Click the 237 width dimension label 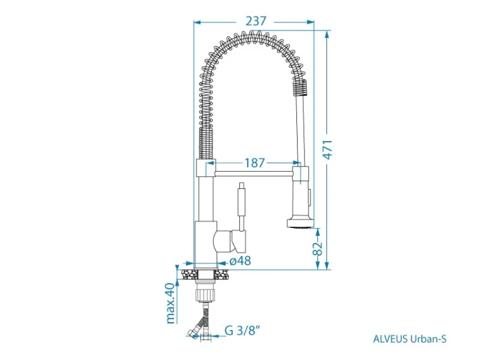pyautogui.click(x=255, y=21)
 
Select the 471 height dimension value pyautogui.click(x=328, y=150)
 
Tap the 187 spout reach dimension pyautogui.click(x=254, y=163)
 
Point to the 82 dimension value pyautogui.click(x=318, y=249)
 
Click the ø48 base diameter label pyautogui.click(x=240, y=261)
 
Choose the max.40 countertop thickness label pyautogui.click(x=170, y=304)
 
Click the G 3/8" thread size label pyautogui.click(x=242, y=331)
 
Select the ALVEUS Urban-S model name pyautogui.click(x=410, y=339)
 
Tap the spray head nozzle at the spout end pyautogui.click(x=300, y=223)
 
